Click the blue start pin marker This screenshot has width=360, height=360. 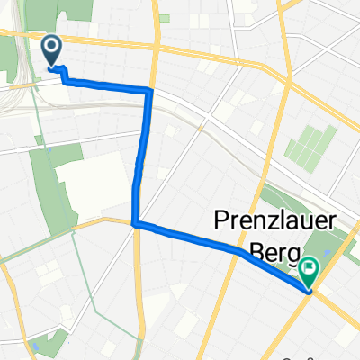pos(52,50)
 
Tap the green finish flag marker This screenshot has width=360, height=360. pos(310,268)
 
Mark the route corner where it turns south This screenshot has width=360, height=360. pos(150,90)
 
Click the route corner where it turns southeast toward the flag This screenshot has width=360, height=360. pos(134,223)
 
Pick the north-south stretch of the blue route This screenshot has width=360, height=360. pos(140,157)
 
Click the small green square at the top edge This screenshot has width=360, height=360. pos(164,18)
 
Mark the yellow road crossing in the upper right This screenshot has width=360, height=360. pos(284,41)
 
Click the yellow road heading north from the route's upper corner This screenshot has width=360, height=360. pos(155,45)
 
